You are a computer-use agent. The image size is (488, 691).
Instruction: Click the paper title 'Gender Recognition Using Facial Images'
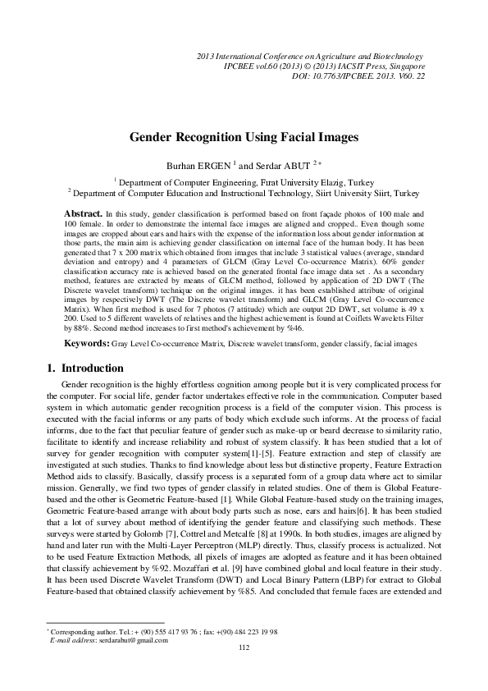(244, 139)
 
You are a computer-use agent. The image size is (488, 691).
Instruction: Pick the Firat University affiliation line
(244, 182)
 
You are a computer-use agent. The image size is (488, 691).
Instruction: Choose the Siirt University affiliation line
(244, 193)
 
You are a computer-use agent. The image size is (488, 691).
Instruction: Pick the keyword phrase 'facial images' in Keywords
(395, 344)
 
